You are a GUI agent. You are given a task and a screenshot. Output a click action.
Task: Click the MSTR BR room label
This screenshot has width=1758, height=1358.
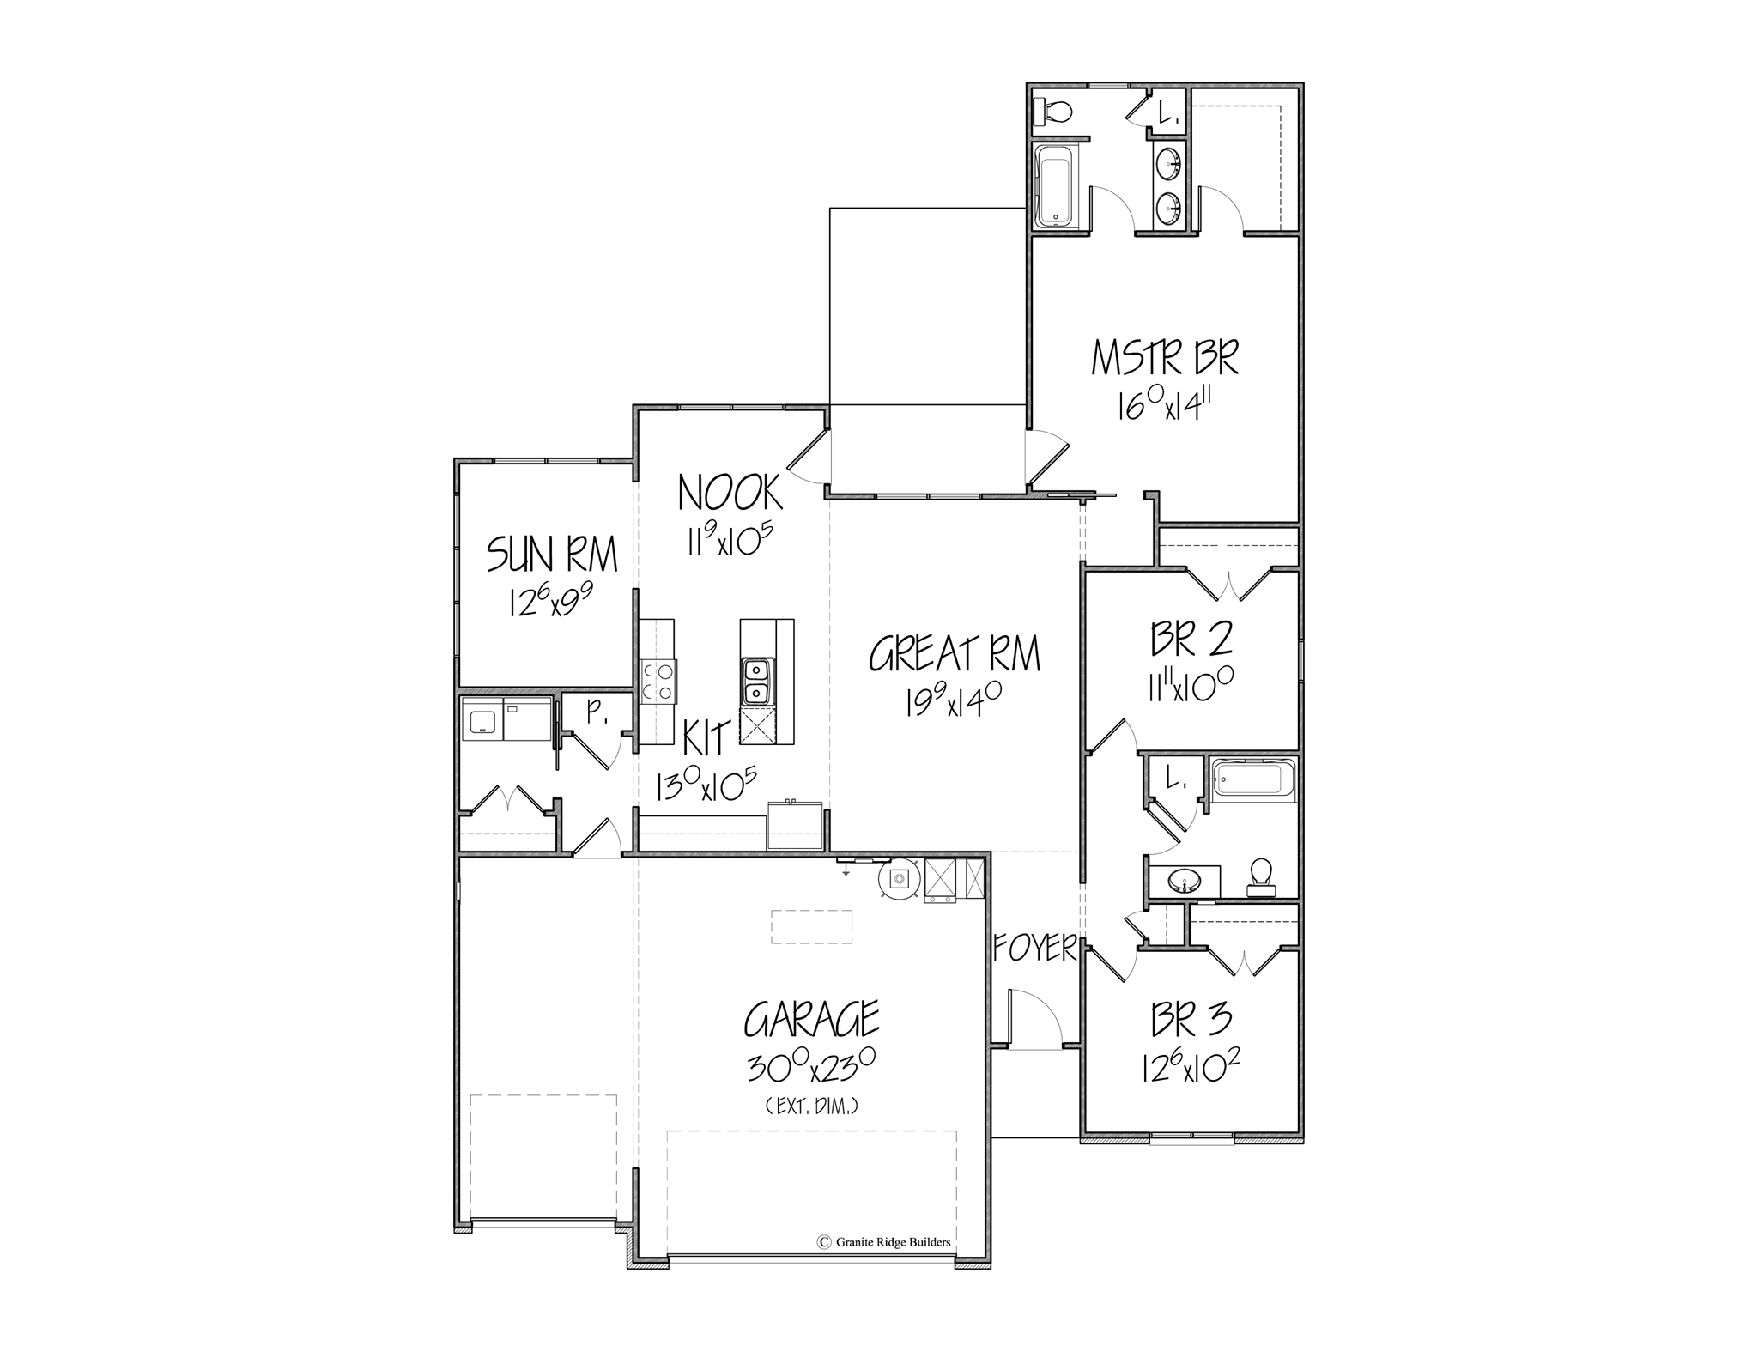point(1165,358)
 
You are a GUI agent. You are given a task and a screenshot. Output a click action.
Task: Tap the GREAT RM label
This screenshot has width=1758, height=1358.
point(955,654)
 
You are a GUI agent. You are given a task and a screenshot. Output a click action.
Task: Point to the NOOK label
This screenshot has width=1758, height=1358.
point(730,493)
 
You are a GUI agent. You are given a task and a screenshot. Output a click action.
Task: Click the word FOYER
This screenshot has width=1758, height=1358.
point(1035,948)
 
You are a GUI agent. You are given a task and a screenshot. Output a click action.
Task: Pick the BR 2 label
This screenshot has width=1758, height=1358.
point(1192,640)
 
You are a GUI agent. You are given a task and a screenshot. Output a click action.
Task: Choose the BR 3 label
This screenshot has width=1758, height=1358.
point(1192,1019)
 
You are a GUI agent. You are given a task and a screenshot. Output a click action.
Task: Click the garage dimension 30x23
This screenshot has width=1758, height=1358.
point(810,1069)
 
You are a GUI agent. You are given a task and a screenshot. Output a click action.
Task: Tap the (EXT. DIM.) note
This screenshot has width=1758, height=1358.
point(811,1107)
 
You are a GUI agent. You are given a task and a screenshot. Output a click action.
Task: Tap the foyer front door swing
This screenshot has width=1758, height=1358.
point(1036,1016)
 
